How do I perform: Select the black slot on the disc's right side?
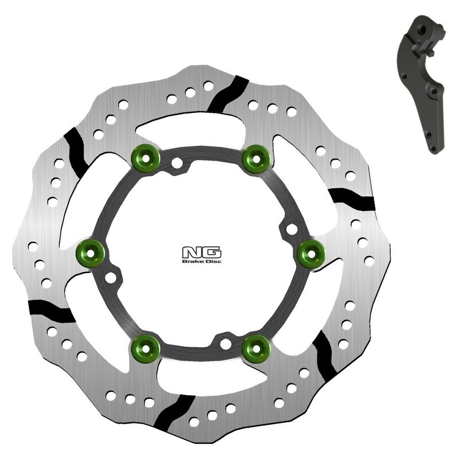352,198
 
